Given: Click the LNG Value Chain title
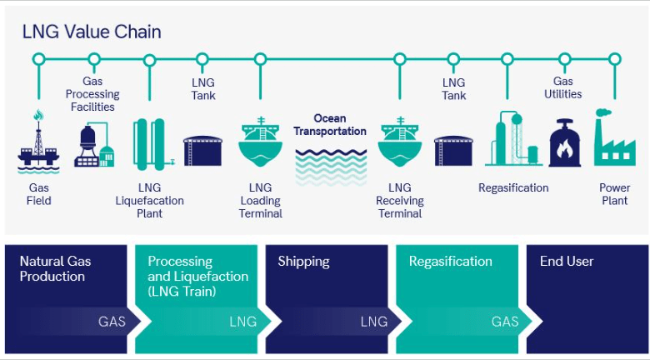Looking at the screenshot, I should pyautogui.click(x=92, y=32).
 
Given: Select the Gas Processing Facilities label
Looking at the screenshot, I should pyautogui.click(x=93, y=94).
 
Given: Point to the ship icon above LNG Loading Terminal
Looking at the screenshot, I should pyautogui.click(x=262, y=142).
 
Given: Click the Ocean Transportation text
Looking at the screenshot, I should pyautogui.click(x=330, y=125).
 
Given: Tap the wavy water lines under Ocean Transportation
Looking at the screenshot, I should pyautogui.click(x=330, y=165).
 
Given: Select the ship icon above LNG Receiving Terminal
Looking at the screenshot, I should pyautogui.click(x=401, y=142).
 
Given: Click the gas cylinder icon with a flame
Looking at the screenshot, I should pyautogui.click(x=564, y=142).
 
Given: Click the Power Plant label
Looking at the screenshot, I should pyautogui.click(x=614, y=194).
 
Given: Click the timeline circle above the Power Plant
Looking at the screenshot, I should pyautogui.click(x=615, y=59).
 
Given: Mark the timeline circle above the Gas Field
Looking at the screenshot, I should pyautogui.click(x=38, y=59).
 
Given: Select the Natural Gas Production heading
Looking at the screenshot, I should pyautogui.click(x=56, y=268).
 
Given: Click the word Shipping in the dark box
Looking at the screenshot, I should pyautogui.click(x=303, y=262).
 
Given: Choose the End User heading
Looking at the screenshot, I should pyautogui.click(x=567, y=262).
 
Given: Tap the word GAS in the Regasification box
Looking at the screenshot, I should pyautogui.click(x=505, y=322).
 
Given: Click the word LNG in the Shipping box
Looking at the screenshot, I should pyautogui.click(x=374, y=322).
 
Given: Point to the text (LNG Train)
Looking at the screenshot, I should pyautogui.click(x=182, y=291).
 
